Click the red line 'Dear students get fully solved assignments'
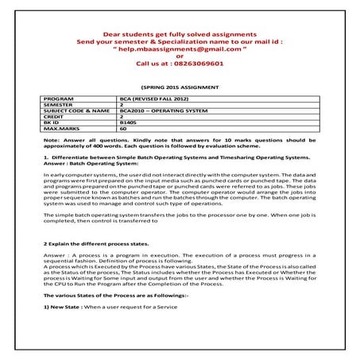(x=180, y=35)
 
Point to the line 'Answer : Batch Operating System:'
(x=82, y=165)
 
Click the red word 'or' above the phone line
(x=180, y=56)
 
